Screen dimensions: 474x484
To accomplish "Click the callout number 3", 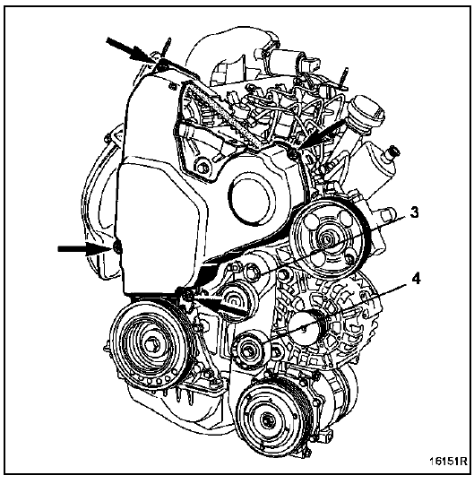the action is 414,212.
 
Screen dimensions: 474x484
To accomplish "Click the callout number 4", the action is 416,280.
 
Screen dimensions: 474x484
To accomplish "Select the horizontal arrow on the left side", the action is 83,248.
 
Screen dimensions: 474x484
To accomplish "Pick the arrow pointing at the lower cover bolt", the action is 221,305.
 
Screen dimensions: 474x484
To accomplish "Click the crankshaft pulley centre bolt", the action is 151,344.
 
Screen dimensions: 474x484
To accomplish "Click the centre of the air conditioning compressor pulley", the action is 266,420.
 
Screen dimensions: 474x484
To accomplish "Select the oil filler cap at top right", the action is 366,112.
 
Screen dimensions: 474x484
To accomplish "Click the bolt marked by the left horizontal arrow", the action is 117,247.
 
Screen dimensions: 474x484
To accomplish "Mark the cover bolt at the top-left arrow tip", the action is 162,65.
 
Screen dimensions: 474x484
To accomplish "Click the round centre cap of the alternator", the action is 304,328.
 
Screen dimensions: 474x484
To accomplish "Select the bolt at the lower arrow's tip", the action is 187,297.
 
